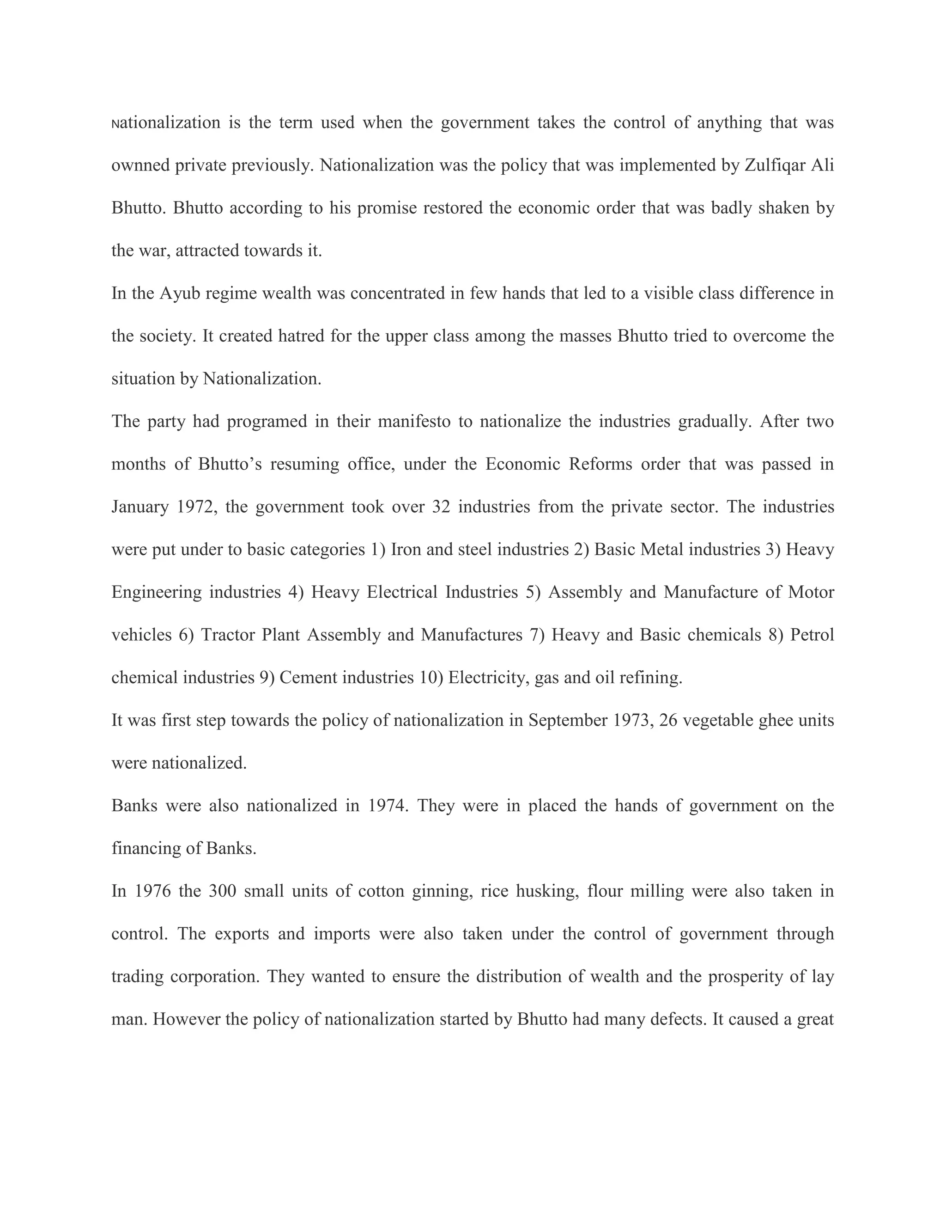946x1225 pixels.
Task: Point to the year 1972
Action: click(x=197, y=507)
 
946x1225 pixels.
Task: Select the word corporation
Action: click(x=214, y=976)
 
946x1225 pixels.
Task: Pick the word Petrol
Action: click(x=812, y=635)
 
